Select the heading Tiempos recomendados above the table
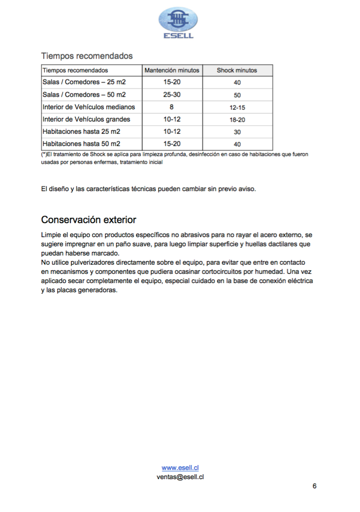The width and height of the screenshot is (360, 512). pos(87,56)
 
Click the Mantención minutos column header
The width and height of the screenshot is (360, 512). pos(172,70)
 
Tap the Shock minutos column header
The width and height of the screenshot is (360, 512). pos(237,70)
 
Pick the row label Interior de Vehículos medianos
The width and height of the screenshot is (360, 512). pos(89,107)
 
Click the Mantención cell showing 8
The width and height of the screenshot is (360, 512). pos(172,107)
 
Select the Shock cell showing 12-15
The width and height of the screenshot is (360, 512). pos(237,107)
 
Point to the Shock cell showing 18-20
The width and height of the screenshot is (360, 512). pos(237,119)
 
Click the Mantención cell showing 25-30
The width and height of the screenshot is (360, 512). pos(172,95)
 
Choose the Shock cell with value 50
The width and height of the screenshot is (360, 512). pos(237,95)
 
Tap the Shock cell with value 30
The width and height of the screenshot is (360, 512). pos(237,132)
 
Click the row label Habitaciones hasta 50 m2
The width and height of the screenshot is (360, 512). pos(81,144)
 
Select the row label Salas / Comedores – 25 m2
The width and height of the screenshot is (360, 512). pos(84,82)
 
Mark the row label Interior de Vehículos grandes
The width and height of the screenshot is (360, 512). pos(86,119)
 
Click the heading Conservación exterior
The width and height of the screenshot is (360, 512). pos(88,220)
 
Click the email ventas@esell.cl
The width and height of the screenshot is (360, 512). pos(180,477)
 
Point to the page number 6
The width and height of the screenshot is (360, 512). pos(314,486)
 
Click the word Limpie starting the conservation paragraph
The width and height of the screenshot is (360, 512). pos(50,235)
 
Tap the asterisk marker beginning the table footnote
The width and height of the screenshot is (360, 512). pos(44,155)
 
